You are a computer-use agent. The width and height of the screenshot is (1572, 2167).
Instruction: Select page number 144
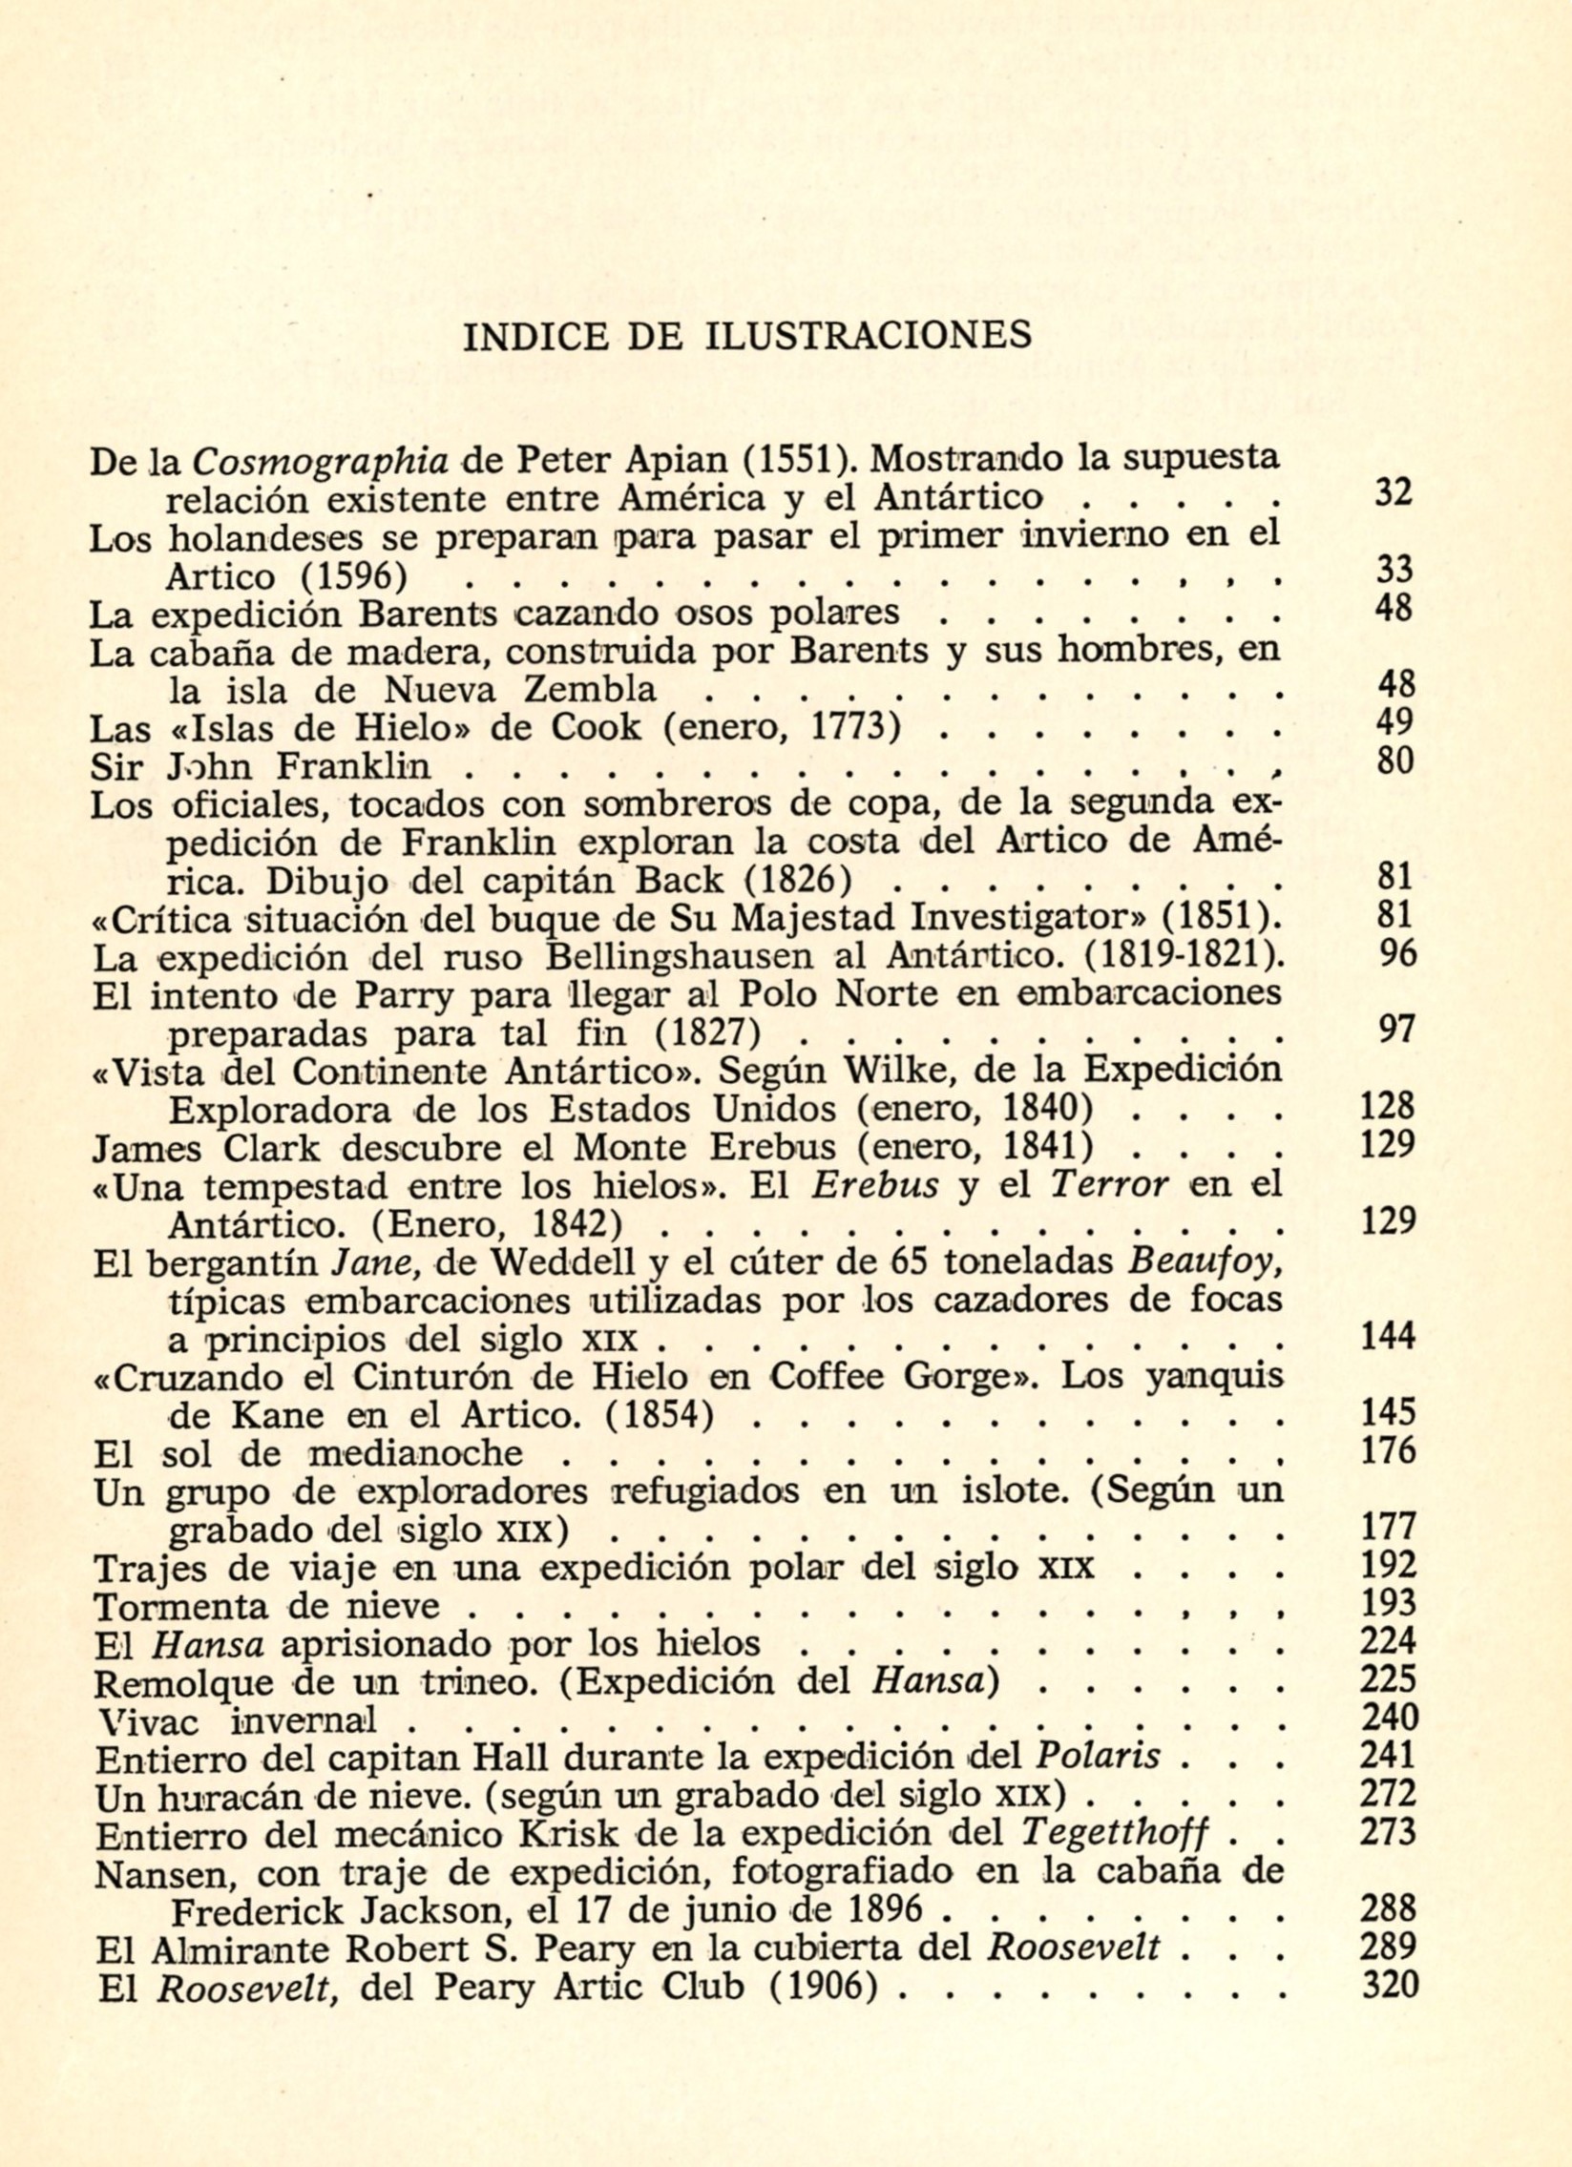(x=1388, y=1336)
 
